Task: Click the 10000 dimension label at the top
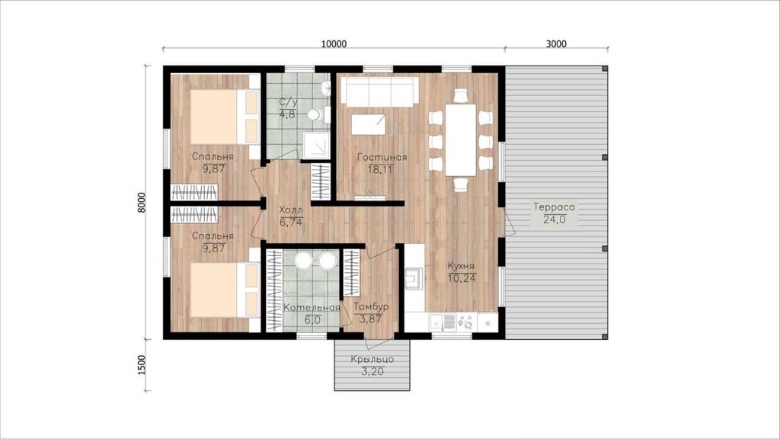click(x=334, y=43)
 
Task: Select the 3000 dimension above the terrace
click(x=555, y=43)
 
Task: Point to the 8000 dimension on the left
click(x=142, y=202)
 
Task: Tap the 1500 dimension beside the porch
click(x=142, y=365)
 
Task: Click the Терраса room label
click(x=554, y=207)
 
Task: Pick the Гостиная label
click(x=382, y=157)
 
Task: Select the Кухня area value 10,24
click(x=462, y=277)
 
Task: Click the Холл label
click(x=290, y=210)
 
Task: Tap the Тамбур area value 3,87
click(x=370, y=319)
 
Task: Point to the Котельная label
click(x=312, y=307)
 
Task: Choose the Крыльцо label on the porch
click(x=372, y=359)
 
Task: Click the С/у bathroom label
click(x=288, y=102)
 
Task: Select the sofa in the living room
click(x=379, y=91)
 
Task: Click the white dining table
click(x=461, y=139)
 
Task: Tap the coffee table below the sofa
click(x=368, y=124)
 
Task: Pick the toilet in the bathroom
click(x=318, y=115)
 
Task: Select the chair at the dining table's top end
click(x=461, y=95)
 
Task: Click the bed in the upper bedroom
click(x=225, y=117)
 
